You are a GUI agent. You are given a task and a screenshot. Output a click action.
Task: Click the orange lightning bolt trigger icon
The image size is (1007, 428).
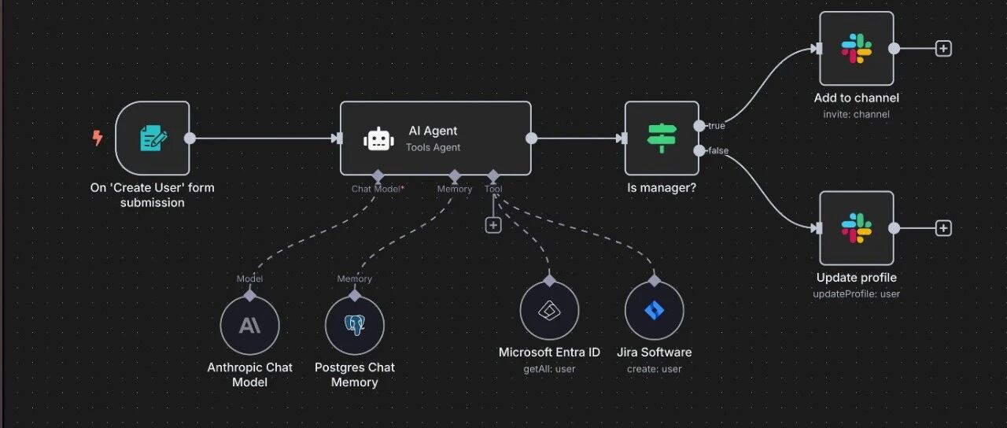(x=98, y=138)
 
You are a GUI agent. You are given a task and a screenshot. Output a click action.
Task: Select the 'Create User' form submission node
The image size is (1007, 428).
(x=153, y=138)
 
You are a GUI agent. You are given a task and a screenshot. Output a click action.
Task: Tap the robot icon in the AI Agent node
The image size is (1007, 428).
(x=378, y=139)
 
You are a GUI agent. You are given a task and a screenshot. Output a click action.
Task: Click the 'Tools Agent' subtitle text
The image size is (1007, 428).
(x=433, y=147)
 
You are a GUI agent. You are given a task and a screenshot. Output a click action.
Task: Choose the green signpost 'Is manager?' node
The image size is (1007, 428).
(x=662, y=138)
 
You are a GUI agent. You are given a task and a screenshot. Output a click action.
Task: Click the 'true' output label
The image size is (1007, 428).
(x=717, y=126)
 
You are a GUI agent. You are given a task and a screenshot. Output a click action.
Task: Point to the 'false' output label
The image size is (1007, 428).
(x=718, y=150)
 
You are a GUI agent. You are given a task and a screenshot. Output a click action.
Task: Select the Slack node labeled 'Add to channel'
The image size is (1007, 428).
(x=857, y=49)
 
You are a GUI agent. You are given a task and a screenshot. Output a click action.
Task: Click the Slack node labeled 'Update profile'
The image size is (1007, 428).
(x=857, y=228)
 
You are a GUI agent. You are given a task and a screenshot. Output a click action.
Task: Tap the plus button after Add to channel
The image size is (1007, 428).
(x=943, y=49)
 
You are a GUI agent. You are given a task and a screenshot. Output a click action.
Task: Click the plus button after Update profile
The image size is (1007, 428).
(x=943, y=228)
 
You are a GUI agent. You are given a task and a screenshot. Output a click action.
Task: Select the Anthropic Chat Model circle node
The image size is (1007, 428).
(x=250, y=325)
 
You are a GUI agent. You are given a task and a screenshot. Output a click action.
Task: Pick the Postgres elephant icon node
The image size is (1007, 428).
(x=355, y=325)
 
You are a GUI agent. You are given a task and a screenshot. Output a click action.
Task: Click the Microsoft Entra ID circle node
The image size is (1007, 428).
(x=549, y=310)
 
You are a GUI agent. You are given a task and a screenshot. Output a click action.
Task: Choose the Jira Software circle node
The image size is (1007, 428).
(x=654, y=310)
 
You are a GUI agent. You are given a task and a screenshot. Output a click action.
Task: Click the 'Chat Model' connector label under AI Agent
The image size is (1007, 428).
(x=378, y=190)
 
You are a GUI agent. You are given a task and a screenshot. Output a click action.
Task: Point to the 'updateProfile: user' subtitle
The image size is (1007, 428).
(x=857, y=294)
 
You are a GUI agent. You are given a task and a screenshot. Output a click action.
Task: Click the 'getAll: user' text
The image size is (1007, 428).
(x=549, y=369)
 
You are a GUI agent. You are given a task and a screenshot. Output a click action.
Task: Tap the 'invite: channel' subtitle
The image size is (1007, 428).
(x=857, y=115)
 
